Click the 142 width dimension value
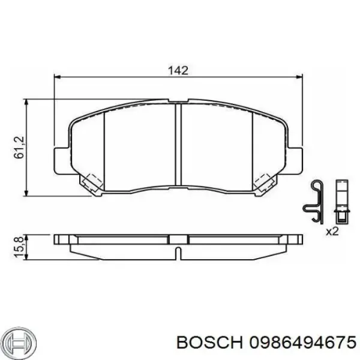click(x=178, y=70)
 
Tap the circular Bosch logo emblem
click(x=16, y=341)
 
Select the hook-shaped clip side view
click(x=314, y=201)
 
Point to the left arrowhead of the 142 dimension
click(x=58, y=77)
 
